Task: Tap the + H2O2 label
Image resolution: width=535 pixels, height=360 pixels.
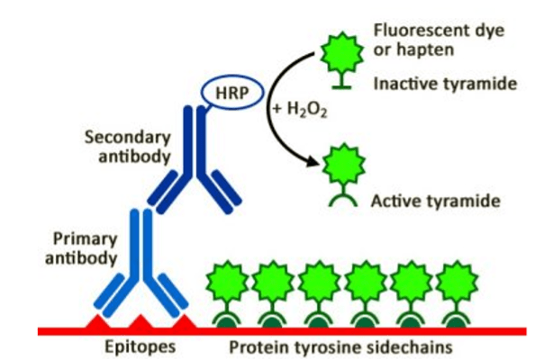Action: pos(297,109)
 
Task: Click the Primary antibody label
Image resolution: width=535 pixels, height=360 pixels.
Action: pos(86,248)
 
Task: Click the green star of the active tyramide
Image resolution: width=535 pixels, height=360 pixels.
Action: pos(340,166)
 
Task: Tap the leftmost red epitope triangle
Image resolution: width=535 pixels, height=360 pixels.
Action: pos(96,322)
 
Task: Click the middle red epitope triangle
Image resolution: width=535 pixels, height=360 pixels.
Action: pos(139,322)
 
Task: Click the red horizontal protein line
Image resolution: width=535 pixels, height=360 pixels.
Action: pos(270,331)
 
